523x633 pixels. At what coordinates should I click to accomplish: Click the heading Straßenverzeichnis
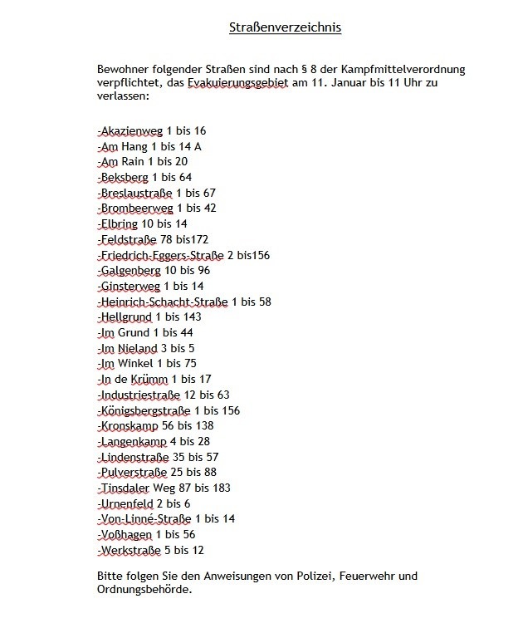285,28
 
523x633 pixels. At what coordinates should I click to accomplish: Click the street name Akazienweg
131,131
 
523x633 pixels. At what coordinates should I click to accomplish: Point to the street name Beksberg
125,177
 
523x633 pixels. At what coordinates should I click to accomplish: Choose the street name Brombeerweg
136,208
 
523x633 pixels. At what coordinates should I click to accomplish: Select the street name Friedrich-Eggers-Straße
161,255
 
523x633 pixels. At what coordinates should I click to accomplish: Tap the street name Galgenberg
129,270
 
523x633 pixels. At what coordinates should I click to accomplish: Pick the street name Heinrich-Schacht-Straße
164,302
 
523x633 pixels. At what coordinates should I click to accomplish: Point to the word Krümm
148,380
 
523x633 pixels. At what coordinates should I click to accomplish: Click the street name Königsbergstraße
145,410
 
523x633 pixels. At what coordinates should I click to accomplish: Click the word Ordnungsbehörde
144,591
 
